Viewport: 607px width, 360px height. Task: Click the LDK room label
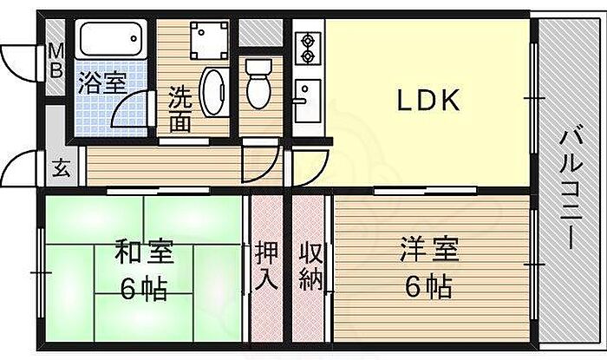click(427, 101)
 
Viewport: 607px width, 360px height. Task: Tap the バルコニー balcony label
click(570, 188)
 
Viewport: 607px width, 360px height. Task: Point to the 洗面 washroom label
click(180, 108)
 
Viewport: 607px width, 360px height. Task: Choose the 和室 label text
click(145, 252)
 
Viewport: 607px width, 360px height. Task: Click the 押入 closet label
click(266, 265)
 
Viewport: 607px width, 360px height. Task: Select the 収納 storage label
click(311, 265)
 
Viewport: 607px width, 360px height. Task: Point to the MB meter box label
click(55, 60)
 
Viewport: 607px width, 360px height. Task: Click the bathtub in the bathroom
click(111, 40)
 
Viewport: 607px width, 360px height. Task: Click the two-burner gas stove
click(308, 49)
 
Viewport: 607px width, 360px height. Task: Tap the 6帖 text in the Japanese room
click(145, 288)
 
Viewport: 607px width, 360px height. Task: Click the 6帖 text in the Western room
click(424, 285)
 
